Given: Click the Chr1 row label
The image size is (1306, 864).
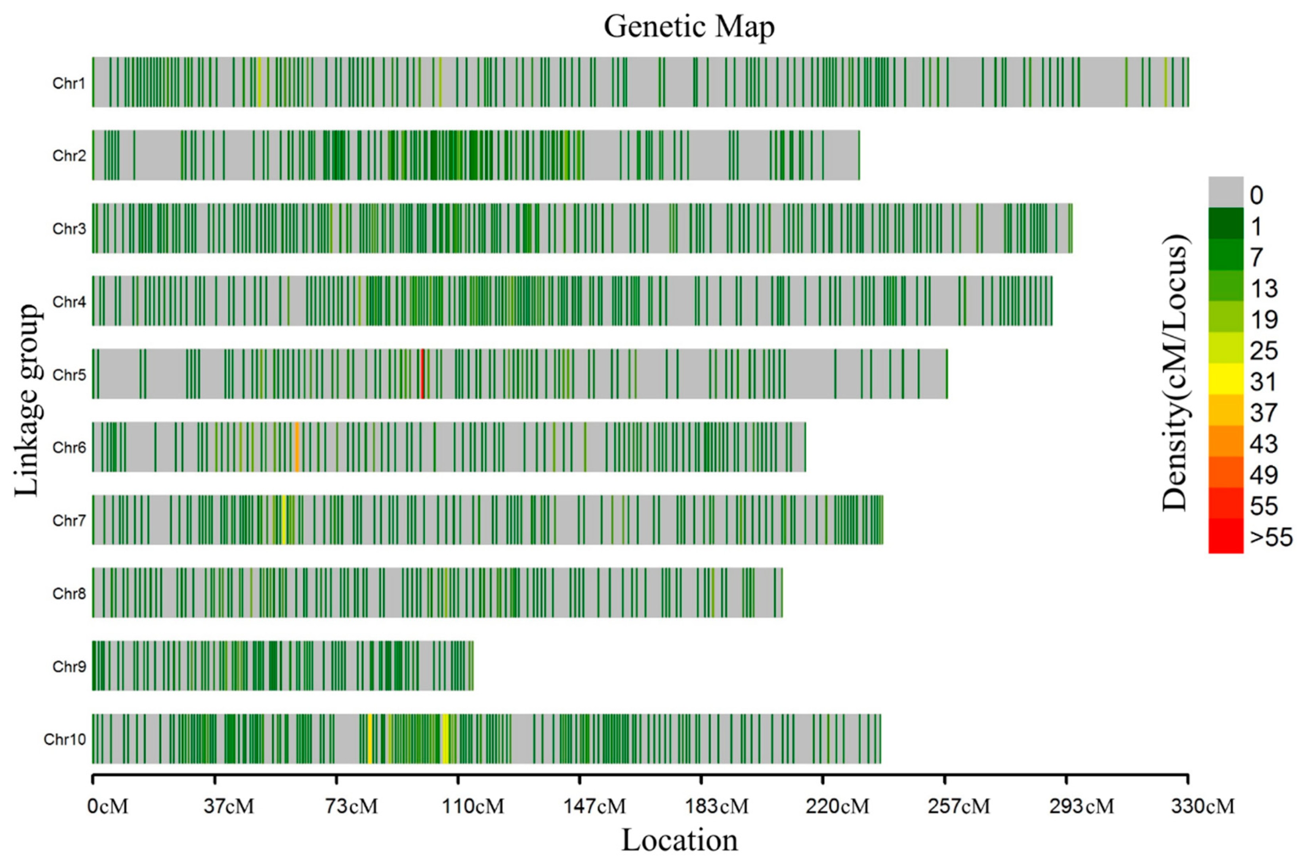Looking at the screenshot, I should pyautogui.click(x=69, y=83).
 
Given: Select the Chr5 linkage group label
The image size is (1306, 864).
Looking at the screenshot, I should pyautogui.click(x=69, y=375).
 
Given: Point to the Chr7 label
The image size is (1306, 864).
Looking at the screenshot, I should pyautogui.click(x=69, y=521).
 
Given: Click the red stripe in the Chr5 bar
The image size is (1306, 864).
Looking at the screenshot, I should pyautogui.click(x=422, y=374).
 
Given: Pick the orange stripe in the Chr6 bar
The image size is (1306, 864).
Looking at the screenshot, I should pyautogui.click(x=297, y=447).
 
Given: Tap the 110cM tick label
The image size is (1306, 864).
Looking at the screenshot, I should pyautogui.click(x=473, y=807).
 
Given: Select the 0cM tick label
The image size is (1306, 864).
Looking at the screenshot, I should pyautogui.click(x=108, y=807).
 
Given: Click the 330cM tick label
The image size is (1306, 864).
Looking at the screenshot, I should pyautogui.click(x=1203, y=807).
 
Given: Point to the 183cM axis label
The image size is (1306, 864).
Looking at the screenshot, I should pyautogui.click(x=716, y=807).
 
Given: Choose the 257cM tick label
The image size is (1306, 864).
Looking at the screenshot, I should pyautogui.click(x=959, y=807).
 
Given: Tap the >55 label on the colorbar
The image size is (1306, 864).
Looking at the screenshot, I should pyautogui.click(x=1271, y=537).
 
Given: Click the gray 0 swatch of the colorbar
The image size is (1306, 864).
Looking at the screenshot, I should pyautogui.click(x=1226, y=192).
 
